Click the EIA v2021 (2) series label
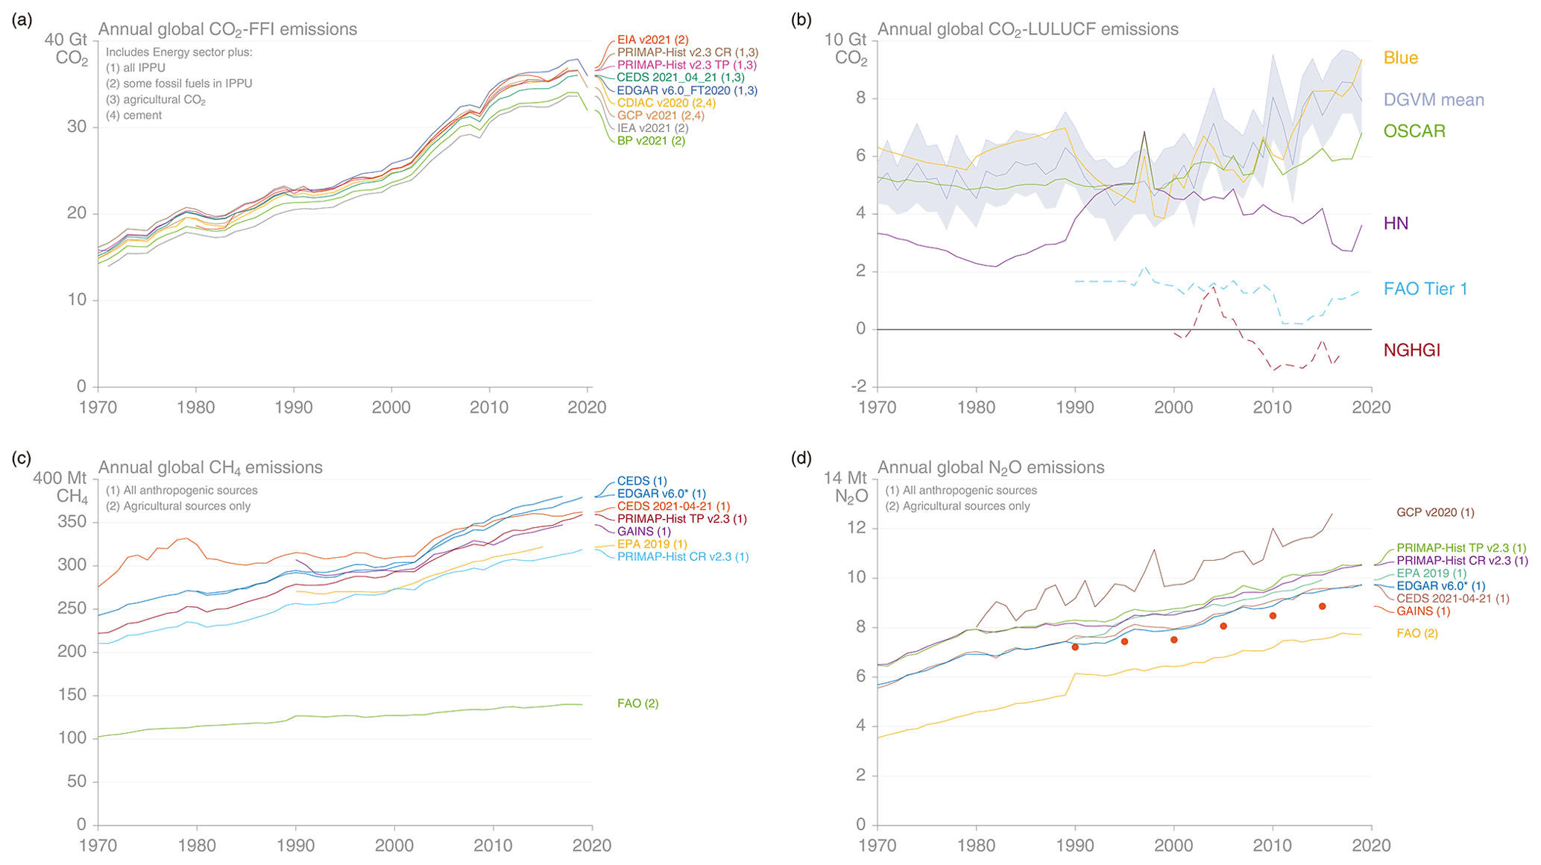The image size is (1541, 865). pyautogui.click(x=652, y=40)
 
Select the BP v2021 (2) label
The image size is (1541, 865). pyautogui.click(x=650, y=140)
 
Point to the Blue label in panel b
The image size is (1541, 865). pyautogui.click(x=1400, y=58)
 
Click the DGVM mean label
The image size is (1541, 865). pyautogui.click(x=1433, y=100)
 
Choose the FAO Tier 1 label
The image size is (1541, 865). pyautogui.click(x=1425, y=289)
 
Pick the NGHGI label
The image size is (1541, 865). pyautogui.click(x=1411, y=350)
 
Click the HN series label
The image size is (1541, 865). pyautogui.click(x=1396, y=224)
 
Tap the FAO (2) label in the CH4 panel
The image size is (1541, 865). pyautogui.click(x=637, y=703)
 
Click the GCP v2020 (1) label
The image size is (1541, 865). pyautogui.click(x=1435, y=512)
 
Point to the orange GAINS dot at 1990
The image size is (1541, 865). pyautogui.click(x=1075, y=647)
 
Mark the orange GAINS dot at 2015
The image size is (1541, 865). pyautogui.click(x=1322, y=606)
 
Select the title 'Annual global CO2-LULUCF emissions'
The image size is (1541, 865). pyautogui.click(x=1027, y=30)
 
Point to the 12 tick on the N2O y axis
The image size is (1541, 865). pyautogui.click(x=858, y=528)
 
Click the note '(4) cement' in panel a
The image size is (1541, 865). pyautogui.click(x=133, y=116)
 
